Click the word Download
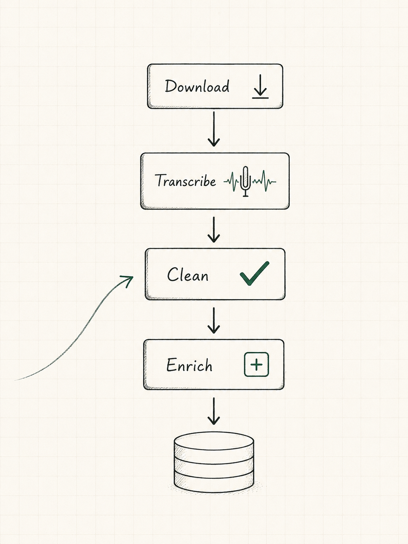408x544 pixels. tap(197, 86)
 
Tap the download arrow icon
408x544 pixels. tap(260, 86)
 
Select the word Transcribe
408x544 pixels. tap(185, 180)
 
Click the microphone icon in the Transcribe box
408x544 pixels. tap(245, 181)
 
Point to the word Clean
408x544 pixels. tap(188, 274)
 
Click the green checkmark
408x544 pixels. tap(254, 274)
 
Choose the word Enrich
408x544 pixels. tap(189, 365)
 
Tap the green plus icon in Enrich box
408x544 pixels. tap(256, 364)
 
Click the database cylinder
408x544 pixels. tap(214, 465)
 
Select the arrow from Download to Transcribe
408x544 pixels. tap(213, 129)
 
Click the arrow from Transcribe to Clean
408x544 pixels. tap(213, 230)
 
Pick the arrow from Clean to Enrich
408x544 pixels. tap(213, 320)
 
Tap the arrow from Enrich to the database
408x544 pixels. tap(213, 411)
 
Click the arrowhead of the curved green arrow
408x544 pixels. tap(129, 280)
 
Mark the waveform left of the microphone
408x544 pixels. tap(232, 182)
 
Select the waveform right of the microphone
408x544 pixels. tap(264, 181)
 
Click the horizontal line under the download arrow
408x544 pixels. tap(260, 98)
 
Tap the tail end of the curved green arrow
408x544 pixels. tap(15, 380)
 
